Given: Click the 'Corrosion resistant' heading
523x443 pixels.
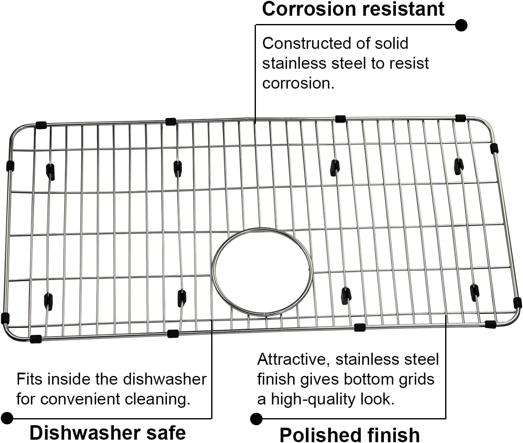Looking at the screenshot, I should [x=353, y=9].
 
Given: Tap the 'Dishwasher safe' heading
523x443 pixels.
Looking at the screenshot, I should [x=108, y=433].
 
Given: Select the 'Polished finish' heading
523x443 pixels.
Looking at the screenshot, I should [x=349, y=435].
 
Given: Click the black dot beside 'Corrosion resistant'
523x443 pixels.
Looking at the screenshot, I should [x=461, y=25].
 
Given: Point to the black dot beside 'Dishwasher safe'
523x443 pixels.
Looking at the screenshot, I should [x=7, y=418].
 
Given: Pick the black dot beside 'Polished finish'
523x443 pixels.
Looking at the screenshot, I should [x=256, y=419].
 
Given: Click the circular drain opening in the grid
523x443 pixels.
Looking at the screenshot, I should [x=262, y=271].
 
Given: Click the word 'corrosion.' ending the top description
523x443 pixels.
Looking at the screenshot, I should [x=298, y=83].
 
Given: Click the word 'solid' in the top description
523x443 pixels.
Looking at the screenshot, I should [x=391, y=43].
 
